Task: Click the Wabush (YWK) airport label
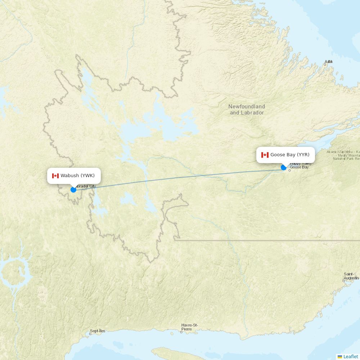point(77,176)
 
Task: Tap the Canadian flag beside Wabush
point(55,176)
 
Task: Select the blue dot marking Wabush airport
point(73,190)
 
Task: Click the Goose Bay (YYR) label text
point(290,155)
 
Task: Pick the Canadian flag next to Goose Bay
point(265,155)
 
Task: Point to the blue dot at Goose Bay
point(284,167)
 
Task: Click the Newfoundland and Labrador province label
point(247,109)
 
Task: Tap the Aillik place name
point(328,62)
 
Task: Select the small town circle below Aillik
point(325,65)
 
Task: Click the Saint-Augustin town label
point(351,276)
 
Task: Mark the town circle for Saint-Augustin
point(344,281)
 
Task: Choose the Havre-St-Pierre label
point(189,327)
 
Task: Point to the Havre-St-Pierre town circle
point(181,332)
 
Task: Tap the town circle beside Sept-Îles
point(90,334)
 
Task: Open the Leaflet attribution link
point(351,356)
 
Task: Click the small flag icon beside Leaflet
point(340,356)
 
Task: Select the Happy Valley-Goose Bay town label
point(300,166)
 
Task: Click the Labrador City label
point(86,186)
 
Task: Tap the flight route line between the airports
point(180,178)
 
